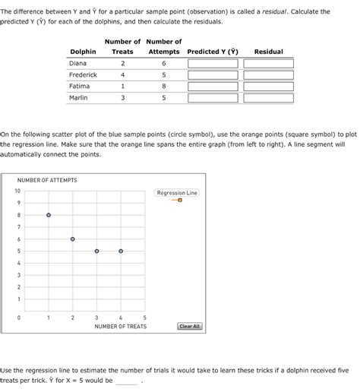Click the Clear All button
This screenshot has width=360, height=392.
pos(189,326)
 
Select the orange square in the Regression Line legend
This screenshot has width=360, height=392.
pos(180,201)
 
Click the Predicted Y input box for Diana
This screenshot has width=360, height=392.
pos(213,64)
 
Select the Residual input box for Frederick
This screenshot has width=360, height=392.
pos(269,75)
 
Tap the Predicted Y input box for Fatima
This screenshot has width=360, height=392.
pos(213,87)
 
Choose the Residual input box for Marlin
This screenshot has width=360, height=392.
pos(269,98)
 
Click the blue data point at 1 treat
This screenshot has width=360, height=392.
pos(49,215)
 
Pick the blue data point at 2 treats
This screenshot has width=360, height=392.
pos(73,239)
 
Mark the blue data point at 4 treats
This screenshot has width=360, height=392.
pos(121,251)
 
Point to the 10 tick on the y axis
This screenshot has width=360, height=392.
pos(17,191)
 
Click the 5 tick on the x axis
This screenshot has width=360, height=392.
pos(145,318)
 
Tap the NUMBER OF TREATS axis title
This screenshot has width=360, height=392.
pos(121,327)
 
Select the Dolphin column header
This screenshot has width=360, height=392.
pos(83,52)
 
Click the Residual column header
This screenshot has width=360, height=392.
pos(268,52)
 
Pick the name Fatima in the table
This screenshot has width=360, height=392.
pos(79,87)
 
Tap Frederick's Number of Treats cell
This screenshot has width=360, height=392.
pos(122,75)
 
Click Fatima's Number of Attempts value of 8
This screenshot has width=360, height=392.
pos(163,87)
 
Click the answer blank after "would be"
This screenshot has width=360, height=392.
pos(127,381)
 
